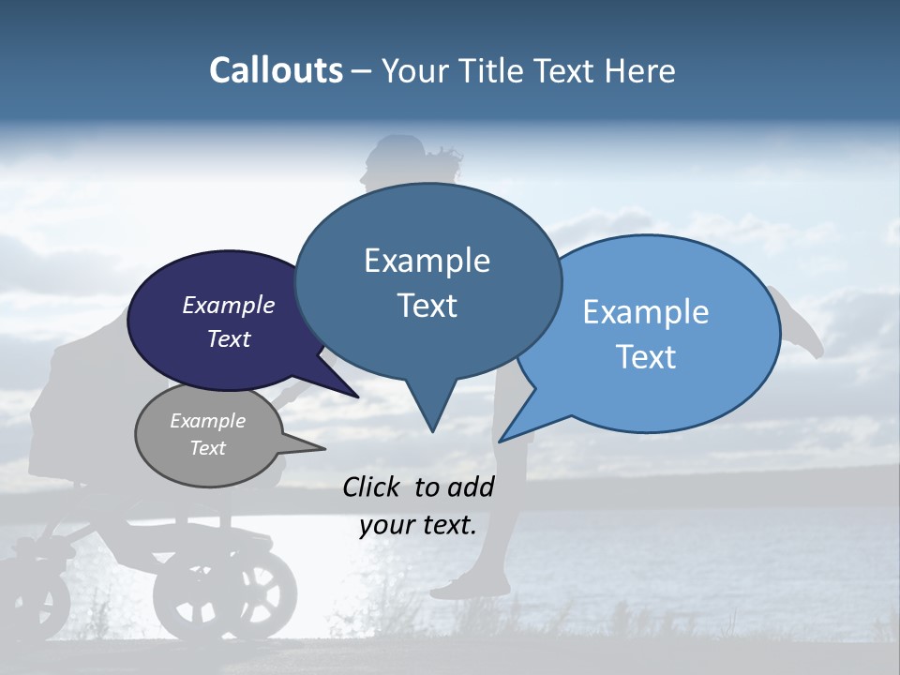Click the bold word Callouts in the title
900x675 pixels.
(x=276, y=70)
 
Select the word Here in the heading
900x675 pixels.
(x=641, y=70)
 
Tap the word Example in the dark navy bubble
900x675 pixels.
(x=229, y=306)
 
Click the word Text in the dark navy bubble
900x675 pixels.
(x=229, y=338)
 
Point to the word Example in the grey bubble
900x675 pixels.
(x=208, y=421)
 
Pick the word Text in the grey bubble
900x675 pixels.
(x=208, y=448)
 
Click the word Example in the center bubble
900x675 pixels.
(x=427, y=261)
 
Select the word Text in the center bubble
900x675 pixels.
(x=427, y=306)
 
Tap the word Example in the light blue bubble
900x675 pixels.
(x=646, y=312)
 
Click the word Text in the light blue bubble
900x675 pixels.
(x=646, y=357)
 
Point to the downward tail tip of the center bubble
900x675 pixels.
(x=432, y=430)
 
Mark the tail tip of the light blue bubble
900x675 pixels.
(x=502, y=441)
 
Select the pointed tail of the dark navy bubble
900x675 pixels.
(x=357, y=396)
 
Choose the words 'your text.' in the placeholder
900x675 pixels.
(x=418, y=526)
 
